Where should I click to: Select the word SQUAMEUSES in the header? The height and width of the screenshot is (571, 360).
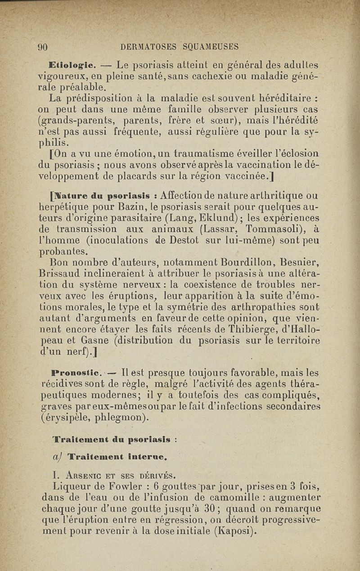[211, 46]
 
